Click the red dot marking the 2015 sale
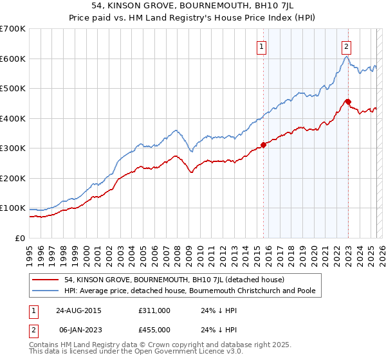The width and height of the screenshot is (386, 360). [263, 145]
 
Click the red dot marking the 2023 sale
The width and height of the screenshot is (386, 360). [347, 102]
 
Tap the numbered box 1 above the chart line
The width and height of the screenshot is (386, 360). [262, 46]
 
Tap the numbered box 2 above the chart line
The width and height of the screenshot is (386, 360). [346, 46]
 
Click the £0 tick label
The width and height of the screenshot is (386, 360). [19, 238]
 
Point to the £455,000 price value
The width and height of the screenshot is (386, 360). [154, 330]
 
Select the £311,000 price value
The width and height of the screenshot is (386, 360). [154, 310]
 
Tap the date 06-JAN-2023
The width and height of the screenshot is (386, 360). [78, 330]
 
